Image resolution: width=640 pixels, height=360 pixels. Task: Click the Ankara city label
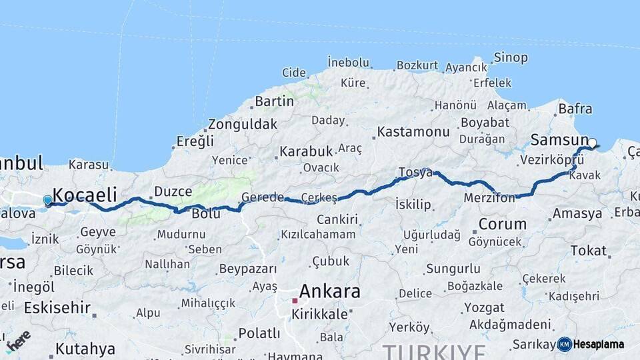[x=329, y=291]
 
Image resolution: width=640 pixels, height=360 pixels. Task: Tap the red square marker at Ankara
[x=295, y=301]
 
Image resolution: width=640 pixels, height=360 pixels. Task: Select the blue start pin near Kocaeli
[x=47, y=200]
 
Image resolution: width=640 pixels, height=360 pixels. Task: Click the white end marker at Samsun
[x=592, y=143]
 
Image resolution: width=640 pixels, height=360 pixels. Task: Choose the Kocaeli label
[x=85, y=195]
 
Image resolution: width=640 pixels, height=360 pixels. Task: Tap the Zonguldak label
[x=242, y=124]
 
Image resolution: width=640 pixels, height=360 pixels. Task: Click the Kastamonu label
[x=413, y=132]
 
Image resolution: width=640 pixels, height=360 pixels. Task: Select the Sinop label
[x=511, y=58]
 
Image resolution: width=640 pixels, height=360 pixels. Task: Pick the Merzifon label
[x=490, y=198]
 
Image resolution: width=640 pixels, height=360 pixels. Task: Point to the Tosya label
[x=415, y=172]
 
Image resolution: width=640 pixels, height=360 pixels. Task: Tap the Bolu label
[x=205, y=214]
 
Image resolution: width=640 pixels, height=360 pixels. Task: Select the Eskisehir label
[x=57, y=308]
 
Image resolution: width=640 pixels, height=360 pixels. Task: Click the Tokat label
[x=588, y=251]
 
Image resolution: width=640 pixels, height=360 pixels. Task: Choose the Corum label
[x=502, y=224]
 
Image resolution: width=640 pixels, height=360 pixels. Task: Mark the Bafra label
[x=575, y=108]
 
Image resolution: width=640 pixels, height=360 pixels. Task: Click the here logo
[x=18, y=341]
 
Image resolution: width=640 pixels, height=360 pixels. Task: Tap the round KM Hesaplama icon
[x=565, y=344]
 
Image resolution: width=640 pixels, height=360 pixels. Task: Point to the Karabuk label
[x=306, y=151]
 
